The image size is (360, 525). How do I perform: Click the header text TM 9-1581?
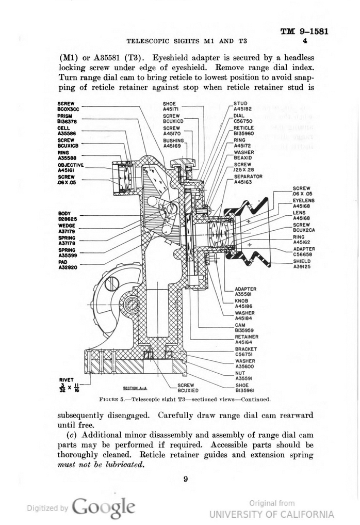(x=304, y=31)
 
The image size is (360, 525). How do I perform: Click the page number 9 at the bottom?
(x=185, y=479)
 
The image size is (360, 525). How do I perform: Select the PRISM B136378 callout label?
(x=67, y=119)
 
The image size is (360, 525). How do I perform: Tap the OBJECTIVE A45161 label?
(x=70, y=167)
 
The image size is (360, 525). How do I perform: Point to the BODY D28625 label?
(x=67, y=216)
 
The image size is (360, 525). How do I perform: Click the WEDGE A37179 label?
(x=67, y=228)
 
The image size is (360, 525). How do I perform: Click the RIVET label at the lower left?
(x=66, y=380)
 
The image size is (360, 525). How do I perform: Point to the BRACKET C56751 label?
(x=246, y=352)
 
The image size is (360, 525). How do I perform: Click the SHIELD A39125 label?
(x=303, y=264)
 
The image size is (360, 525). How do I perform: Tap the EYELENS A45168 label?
(x=304, y=203)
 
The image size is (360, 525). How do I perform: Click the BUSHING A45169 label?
(x=173, y=143)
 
